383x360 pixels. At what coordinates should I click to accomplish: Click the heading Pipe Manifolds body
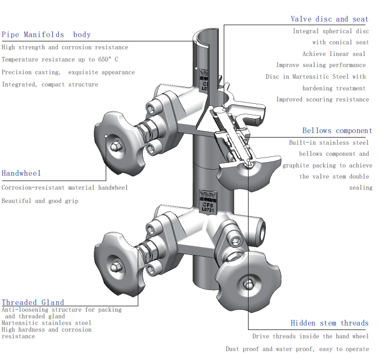pyautogui.click(x=46, y=34)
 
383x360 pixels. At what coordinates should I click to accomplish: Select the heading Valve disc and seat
pyautogui.click(x=329, y=19)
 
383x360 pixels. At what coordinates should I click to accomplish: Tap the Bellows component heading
pyautogui.click(x=336, y=131)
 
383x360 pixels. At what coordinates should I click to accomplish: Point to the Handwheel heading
pyautogui.click(x=21, y=173)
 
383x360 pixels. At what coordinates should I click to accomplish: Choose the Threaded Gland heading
pyautogui.click(x=33, y=302)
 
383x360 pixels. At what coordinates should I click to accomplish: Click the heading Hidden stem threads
pyautogui.click(x=329, y=323)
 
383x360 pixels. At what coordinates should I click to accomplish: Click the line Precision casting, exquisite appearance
pyautogui.click(x=68, y=72)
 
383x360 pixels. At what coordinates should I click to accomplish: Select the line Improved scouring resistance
pyautogui.click(x=322, y=100)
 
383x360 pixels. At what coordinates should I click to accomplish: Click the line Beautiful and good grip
pyautogui.click(x=40, y=201)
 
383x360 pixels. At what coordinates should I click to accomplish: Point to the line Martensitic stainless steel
pyautogui.click(x=47, y=323)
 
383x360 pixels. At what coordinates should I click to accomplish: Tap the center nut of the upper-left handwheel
pyautogui.click(x=116, y=147)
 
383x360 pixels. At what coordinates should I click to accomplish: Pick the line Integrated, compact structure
pyautogui.click(x=50, y=84)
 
